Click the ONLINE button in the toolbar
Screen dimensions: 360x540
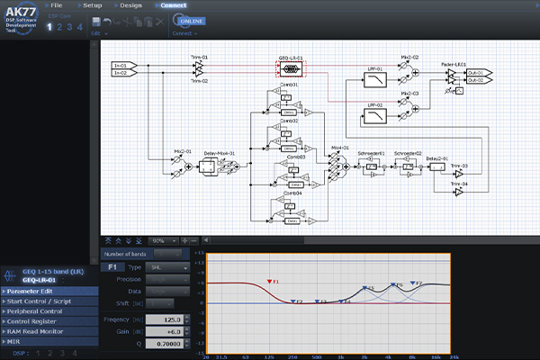(x=190, y=20)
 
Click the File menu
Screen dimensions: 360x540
(x=57, y=5)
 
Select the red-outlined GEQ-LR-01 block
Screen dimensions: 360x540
(x=289, y=67)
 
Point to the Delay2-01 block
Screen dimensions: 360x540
(x=435, y=167)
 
